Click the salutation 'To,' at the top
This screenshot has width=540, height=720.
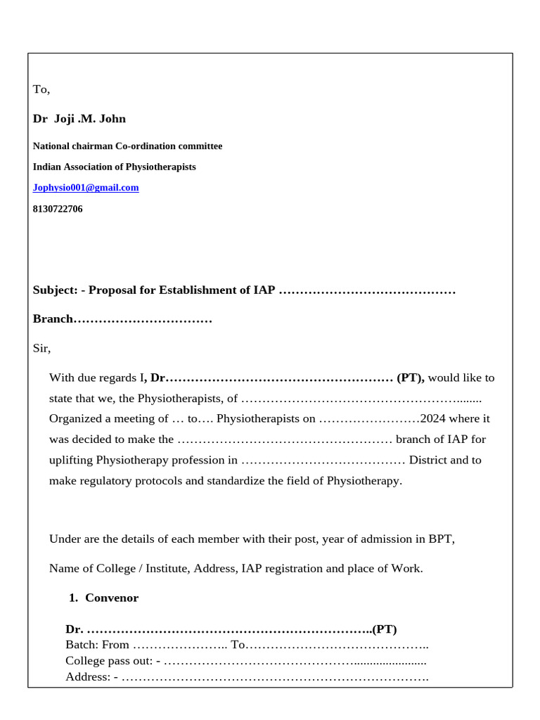click(41, 89)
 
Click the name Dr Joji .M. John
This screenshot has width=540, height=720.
click(79, 119)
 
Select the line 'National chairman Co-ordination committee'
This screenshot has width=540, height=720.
click(127, 146)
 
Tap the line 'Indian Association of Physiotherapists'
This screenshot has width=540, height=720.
click(115, 167)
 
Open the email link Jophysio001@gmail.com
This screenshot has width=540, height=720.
click(86, 188)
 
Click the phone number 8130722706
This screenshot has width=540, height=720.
click(58, 209)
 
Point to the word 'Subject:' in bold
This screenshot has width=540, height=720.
click(55, 290)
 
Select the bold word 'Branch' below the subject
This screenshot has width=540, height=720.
click(53, 319)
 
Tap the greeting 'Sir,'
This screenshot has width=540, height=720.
click(42, 348)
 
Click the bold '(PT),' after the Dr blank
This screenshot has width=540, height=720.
click(411, 378)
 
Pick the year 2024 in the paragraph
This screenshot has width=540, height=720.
click(434, 419)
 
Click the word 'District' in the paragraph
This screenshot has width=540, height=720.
click(428, 461)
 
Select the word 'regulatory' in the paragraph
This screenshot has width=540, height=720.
click(114, 481)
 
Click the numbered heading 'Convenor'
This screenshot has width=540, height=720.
click(112, 598)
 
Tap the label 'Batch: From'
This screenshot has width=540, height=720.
click(97, 645)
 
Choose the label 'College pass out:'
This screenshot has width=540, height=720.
click(112, 661)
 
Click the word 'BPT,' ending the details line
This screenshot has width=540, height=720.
click(442, 539)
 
